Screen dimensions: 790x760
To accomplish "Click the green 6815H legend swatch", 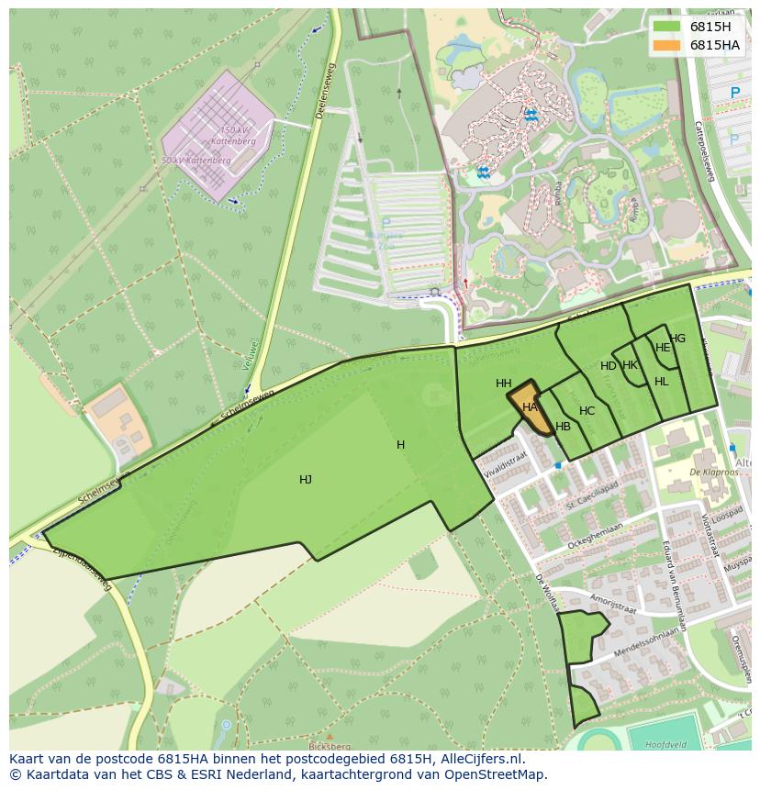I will click(667, 27).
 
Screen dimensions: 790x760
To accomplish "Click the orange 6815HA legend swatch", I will click(667, 45).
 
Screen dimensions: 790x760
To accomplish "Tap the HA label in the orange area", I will click(530, 406).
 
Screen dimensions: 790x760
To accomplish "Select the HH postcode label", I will click(504, 384).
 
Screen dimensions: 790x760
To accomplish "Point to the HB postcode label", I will click(563, 427).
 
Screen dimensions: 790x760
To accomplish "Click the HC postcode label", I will click(587, 411).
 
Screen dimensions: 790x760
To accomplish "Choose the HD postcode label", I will click(609, 366).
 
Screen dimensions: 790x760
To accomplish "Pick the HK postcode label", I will click(631, 365).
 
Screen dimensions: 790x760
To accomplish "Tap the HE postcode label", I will click(663, 348).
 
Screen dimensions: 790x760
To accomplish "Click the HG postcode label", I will click(677, 339).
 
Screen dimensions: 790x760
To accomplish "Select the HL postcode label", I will click(662, 382).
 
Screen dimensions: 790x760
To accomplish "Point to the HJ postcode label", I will click(306, 479).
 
